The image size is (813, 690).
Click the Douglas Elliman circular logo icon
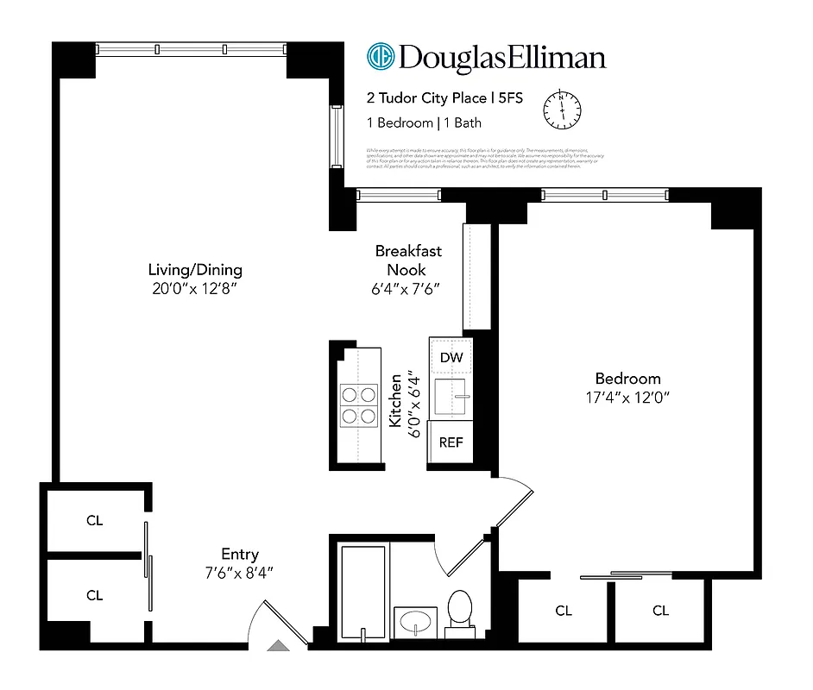pos(381,57)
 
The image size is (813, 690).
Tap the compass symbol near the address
pos(562,110)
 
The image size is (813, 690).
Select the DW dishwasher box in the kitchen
pos(451,357)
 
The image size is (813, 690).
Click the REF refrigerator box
pos(451,442)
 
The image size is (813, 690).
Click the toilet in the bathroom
pos(460,612)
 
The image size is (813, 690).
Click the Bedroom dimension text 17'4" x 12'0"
pos(627,397)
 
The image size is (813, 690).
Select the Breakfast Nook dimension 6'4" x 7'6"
pos(408,288)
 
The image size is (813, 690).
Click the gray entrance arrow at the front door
pos(278,645)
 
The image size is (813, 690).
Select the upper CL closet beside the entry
pos(94,521)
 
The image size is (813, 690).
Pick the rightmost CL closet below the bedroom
pos(660,611)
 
